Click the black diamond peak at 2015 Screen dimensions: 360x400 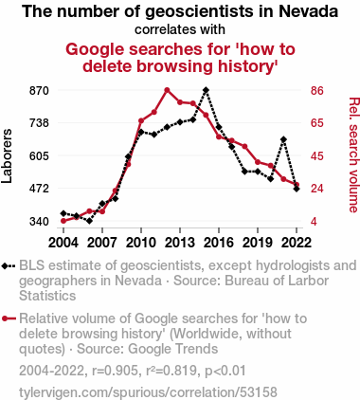click(206, 90)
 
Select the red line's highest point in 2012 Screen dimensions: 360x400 click(167, 90)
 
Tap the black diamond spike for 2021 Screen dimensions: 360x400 click(283, 139)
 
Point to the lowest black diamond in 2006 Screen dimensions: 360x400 click(89, 221)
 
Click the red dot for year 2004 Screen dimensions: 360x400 click(63, 221)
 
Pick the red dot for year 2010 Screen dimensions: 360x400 click(141, 121)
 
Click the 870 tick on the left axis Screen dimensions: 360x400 click(39, 91)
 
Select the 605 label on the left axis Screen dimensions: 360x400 click(39, 156)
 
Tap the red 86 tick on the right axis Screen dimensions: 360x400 click(317, 91)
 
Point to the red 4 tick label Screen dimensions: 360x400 click(314, 222)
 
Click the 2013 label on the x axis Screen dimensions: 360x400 click(180, 243)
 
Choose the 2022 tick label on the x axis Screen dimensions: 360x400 click(297, 243)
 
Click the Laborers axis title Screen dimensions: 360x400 click(7, 156)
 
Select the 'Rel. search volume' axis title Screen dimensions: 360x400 click(353, 155)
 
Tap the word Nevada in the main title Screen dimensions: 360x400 click(309, 11)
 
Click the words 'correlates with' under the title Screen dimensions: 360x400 click(180, 29)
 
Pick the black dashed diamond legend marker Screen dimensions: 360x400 click(9, 266)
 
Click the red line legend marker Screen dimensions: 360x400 click(9, 318)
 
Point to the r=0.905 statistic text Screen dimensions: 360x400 click(115, 371)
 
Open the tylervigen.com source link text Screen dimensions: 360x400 click(148, 392)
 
